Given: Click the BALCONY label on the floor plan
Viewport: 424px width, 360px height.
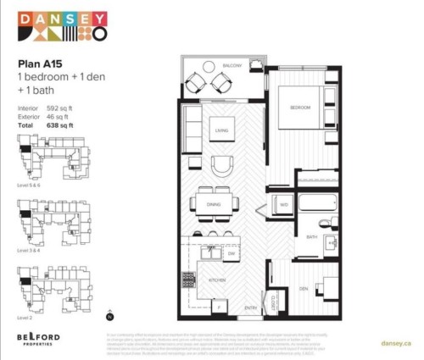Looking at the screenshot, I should pyautogui.click(x=233, y=66).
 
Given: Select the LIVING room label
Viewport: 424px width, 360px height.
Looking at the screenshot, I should pyautogui.click(x=223, y=130).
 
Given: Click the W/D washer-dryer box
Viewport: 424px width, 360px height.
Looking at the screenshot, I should pyautogui.click(x=284, y=205).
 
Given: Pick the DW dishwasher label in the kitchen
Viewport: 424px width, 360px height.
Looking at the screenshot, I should pyautogui.click(x=232, y=253).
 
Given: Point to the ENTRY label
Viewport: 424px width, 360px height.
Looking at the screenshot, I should pyautogui.click(x=252, y=308).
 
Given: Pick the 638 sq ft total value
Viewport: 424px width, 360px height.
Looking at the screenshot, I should pyautogui.click(x=60, y=125).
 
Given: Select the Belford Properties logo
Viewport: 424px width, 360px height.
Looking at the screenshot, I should pyautogui.click(x=39, y=340).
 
